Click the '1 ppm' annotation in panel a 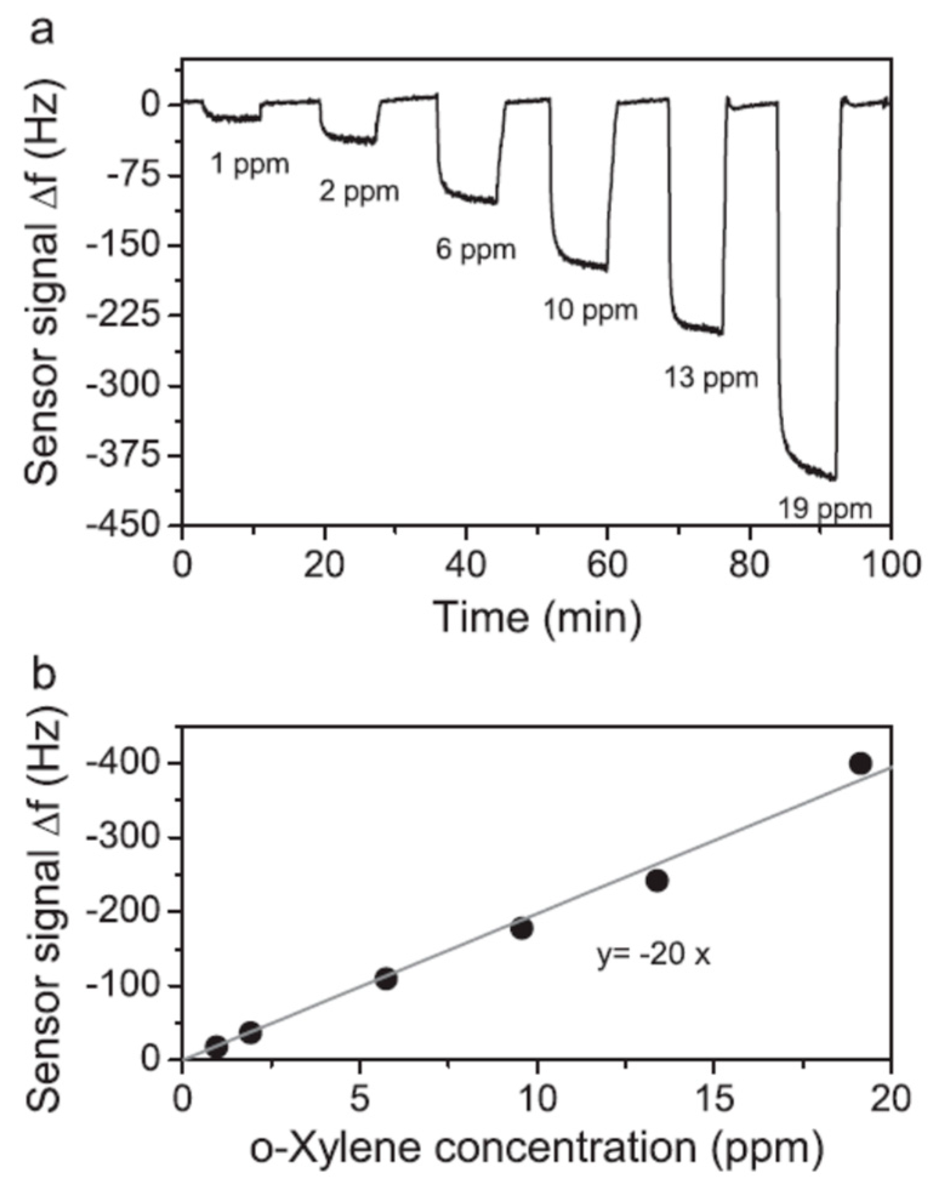point(250,164)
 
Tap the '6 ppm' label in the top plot point(476,249)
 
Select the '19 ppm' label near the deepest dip point(825,509)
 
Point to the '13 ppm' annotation point(711,378)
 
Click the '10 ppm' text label point(590,310)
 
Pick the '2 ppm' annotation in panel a point(359,193)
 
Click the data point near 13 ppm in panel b point(657,881)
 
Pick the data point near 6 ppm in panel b point(386,979)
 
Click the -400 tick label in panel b point(127,764)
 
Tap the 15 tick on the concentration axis point(713,1098)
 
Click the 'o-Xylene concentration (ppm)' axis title point(536,1150)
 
